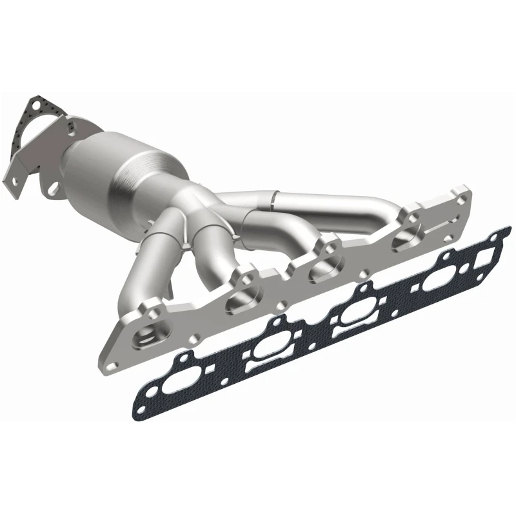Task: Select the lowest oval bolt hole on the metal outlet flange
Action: (55, 190)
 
